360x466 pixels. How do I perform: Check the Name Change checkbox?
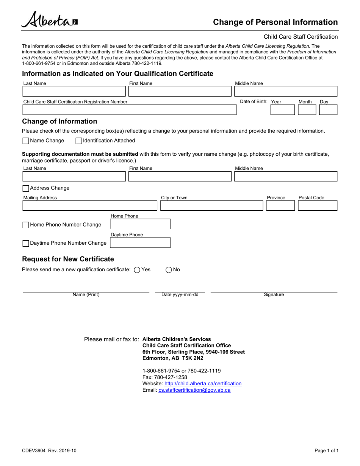pyautogui.click(x=26, y=141)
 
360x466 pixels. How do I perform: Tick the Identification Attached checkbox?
pyautogui.click(x=79, y=141)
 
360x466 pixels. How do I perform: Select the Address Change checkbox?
pyautogui.click(x=26, y=188)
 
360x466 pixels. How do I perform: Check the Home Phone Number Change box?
pyautogui.click(x=26, y=225)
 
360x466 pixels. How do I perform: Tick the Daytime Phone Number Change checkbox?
pyautogui.click(x=26, y=243)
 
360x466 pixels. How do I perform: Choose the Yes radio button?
pyautogui.click(x=137, y=270)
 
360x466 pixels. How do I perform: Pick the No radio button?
pyautogui.click(x=169, y=270)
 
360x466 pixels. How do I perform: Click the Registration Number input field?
pyautogui.click(x=129, y=110)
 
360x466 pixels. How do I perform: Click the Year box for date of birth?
pyautogui.click(x=282, y=110)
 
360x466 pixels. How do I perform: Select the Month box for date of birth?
pyautogui.click(x=307, y=110)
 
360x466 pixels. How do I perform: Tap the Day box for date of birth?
pyautogui.click(x=328, y=110)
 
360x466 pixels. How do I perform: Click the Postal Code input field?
pyautogui.click(x=317, y=206)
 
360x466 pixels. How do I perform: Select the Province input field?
pyautogui.click(x=280, y=206)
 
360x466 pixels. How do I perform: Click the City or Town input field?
pyautogui.click(x=211, y=206)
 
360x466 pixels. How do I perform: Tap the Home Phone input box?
pyautogui.click(x=140, y=224)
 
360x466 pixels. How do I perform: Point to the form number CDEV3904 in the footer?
pyautogui.click(x=34, y=451)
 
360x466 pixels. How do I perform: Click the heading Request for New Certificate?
pyautogui.click(x=68, y=259)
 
